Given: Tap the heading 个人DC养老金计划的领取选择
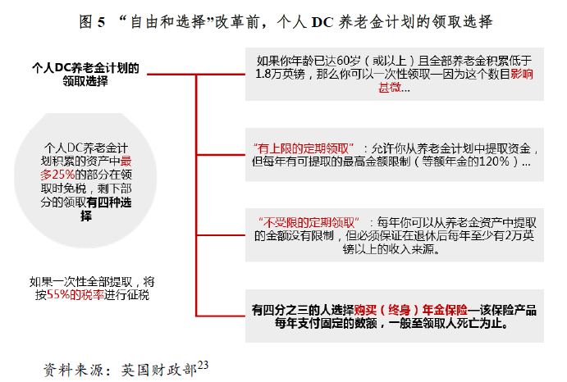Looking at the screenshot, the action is tap(85, 75).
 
